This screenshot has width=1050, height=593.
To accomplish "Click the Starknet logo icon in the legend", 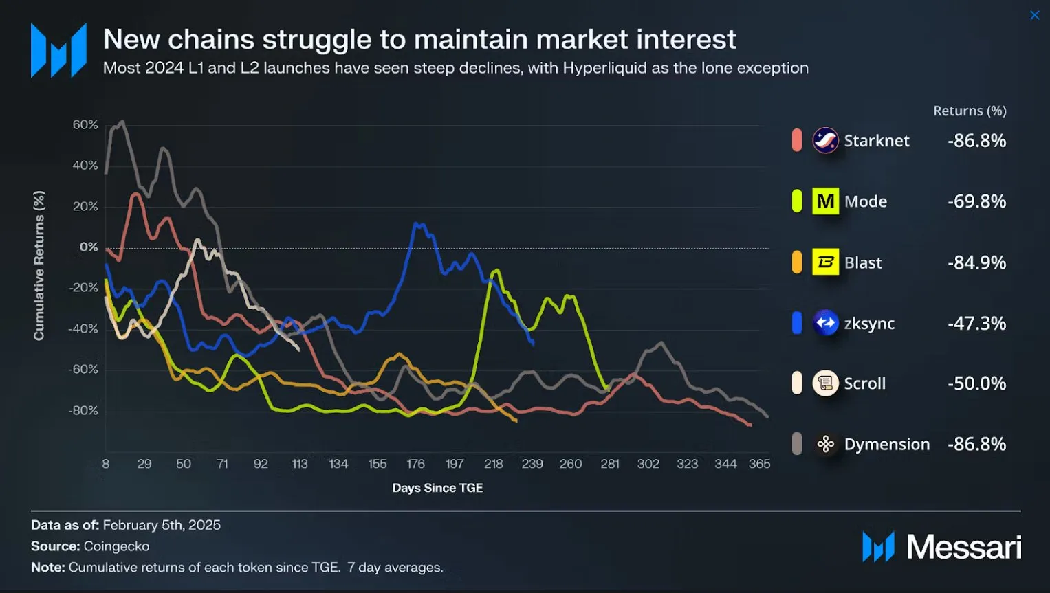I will coord(825,141).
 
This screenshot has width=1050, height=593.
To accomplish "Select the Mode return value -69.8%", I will coord(976,201).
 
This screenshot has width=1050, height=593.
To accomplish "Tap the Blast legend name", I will coord(863,262).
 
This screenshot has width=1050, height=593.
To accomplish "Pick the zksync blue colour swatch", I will coord(797,323).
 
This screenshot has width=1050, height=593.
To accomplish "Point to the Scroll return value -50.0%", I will coord(976,383).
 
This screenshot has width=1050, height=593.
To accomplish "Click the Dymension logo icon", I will coord(825,445).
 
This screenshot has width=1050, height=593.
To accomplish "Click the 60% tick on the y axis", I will coord(85,125).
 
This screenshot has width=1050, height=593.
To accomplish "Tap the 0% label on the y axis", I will coord(89,247).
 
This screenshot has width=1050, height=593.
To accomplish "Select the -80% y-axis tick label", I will coord(83,411).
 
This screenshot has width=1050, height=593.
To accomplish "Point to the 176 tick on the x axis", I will coord(415,464).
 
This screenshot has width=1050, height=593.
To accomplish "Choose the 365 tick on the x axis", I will coord(759,464).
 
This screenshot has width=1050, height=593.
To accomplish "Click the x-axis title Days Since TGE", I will coord(437,488).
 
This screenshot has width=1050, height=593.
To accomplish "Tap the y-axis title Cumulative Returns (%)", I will coord(39,265).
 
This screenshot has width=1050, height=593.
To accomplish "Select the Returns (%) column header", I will coord(970,111).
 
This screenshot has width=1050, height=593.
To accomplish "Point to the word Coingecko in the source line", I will coord(116,546).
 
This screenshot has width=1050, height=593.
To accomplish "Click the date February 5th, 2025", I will coord(162,525).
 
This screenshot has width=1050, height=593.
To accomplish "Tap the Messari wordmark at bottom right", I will coord(963,548).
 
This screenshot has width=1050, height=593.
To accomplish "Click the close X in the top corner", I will coord(1034,15).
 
